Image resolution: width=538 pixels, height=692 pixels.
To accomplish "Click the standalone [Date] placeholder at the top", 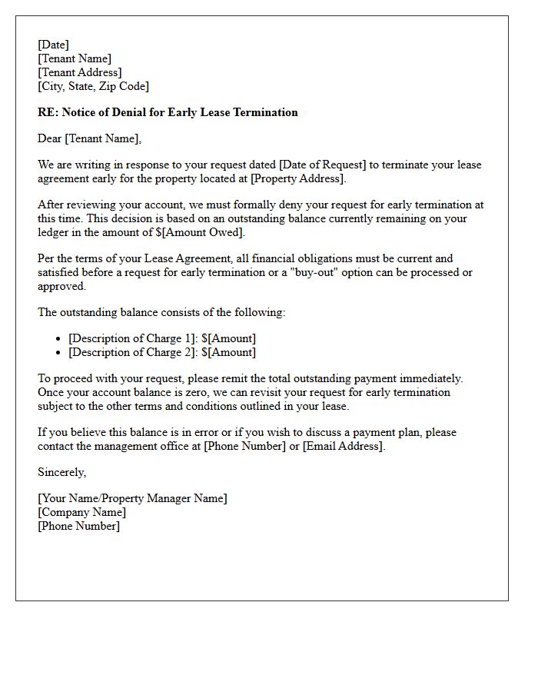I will (x=53, y=45).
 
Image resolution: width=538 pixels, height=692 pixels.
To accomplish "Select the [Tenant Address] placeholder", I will (x=79, y=72).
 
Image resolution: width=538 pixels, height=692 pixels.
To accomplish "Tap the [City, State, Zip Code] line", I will (x=93, y=86).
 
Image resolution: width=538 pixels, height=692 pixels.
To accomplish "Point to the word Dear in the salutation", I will (x=50, y=138).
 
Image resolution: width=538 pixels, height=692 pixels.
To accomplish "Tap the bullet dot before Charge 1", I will (x=59, y=339).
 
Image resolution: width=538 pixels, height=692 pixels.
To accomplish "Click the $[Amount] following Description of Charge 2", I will (x=229, y=352).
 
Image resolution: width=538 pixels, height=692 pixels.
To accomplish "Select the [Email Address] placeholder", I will (x=343, y=446).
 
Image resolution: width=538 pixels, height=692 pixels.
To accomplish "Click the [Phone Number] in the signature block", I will (x=78, y=526).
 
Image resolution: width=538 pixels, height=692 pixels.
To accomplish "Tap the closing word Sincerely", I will (x=61, y=472).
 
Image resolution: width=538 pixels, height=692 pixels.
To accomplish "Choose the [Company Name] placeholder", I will (x=81, y=512).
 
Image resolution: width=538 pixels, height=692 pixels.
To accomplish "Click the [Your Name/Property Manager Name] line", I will (x=132, y=498).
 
